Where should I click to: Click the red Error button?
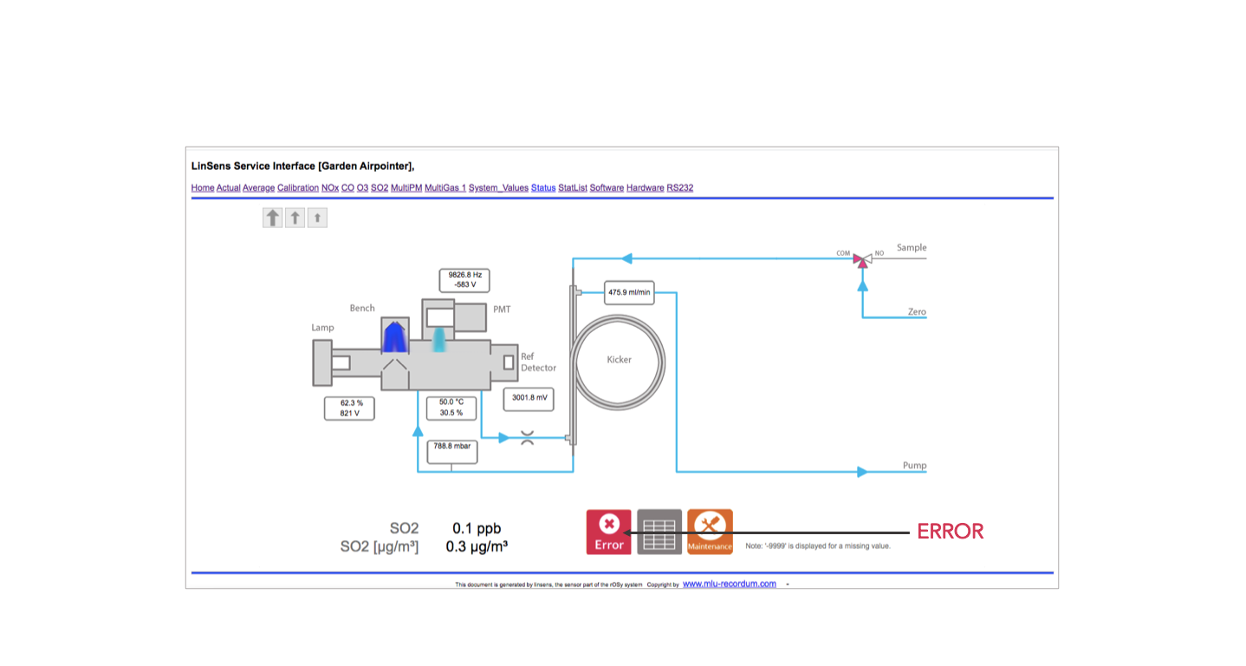pyautogui.click(x=608, y=531)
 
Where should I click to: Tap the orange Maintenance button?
pyautogui.click(x=710, y=531)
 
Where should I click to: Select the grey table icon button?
pyautogui.click(x=659, y=531)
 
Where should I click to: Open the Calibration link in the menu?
pyautogui.click(x=298, y=187)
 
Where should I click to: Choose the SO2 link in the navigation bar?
pyautogui.click(x=380, y=187)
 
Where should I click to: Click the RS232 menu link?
pyautogui.click(x=680, y=187)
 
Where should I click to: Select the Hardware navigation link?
pyautogui.click(x=645, y=187)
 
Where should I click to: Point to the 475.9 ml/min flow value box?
pyautogui.click(x=629, y=292)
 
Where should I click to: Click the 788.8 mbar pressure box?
pyautogui.click(x=451, y=447)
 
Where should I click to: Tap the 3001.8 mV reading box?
pyautogui.click(x=529, y=398)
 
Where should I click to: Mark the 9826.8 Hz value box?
pyautogui.click(x=464, y=279)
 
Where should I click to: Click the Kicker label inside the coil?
pyautogui.click(x=619, y=359)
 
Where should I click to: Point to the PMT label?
pyautogui.click(x=502, y=309)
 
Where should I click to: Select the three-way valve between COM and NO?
pyautogui.click(x=861, y=258)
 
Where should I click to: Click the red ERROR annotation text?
pyautogui.click(x=951, y=532)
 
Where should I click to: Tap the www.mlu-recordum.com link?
pyautogui.click(x=730, y=584)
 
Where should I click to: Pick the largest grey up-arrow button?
pyautogui.click(x=273, y=218)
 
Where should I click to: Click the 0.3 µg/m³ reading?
pyautogui.click(x=477, y=546)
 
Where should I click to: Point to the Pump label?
pyautogui.click(x=914, y=466)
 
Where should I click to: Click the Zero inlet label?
pyautogui.click(x=917, y=311)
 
